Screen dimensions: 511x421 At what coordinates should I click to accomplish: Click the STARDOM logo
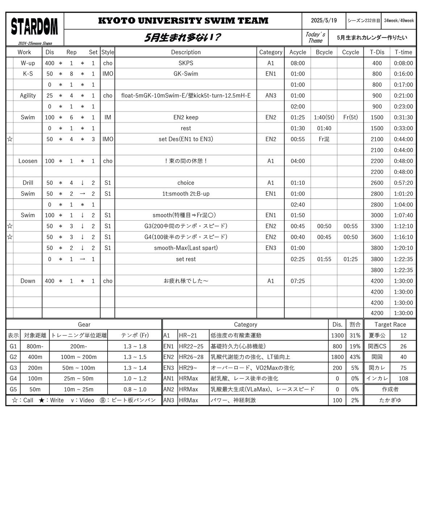click(x=34, y=27)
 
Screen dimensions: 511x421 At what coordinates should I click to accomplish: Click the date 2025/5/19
click(x=324, y=21)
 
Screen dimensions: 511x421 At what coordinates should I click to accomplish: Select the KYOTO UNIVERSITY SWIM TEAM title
click(x=183, y=21)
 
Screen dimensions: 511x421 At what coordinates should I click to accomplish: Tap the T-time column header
click(x=403, y=52)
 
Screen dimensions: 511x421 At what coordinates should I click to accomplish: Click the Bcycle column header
click(x=324, y=52)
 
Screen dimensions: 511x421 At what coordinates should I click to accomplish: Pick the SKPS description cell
click(x=186, y=63)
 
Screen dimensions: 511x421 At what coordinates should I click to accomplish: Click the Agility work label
click(x=28, y=95)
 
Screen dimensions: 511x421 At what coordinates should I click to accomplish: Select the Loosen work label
click(x=28, y=161)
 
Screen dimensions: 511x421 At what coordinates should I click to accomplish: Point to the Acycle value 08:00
click(x=297, y=63)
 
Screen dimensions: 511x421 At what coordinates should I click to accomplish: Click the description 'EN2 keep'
click(x=186, y=117)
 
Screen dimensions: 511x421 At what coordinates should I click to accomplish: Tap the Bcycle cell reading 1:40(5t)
click(x=324, y=117)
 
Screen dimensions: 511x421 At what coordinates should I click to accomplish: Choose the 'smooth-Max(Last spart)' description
click(x=186, y=248)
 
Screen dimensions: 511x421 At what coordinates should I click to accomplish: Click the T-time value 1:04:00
click(x=403, y=204)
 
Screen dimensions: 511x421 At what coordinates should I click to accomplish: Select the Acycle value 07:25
click(x=297, y=281)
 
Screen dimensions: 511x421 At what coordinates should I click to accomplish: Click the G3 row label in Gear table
click(x=13, y=368)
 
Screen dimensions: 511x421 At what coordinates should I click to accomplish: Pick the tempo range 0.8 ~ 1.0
click(x=135, y=389)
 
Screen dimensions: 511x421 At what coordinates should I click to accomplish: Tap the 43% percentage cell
click(x=355, y=357)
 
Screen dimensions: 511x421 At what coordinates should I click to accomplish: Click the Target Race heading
click(x=390, y=324)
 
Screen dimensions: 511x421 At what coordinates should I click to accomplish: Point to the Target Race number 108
click(x=403, y=379)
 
